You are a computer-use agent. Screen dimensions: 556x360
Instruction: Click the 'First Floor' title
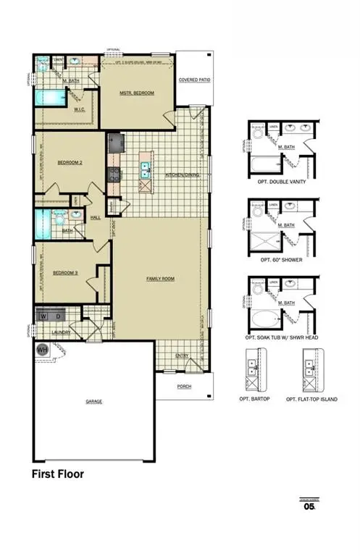(x=57, y=475)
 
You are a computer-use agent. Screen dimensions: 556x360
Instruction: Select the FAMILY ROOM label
(x=160, y=278)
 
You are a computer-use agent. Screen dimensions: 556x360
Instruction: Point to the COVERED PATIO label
(x=195, y=80)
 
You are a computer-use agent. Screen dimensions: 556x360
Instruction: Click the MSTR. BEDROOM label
(x=137, y=93)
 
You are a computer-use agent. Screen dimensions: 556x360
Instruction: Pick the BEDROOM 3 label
(x=66, y=272)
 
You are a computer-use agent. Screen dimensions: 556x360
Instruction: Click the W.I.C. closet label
(x=81, y=109)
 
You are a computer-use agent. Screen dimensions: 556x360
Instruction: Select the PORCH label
(x=185, y=387)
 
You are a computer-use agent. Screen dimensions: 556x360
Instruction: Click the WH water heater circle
(x=41, y=349)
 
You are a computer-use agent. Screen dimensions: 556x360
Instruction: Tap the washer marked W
(x=43, y=316)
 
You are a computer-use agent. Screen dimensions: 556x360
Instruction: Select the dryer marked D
(x=58, y=316)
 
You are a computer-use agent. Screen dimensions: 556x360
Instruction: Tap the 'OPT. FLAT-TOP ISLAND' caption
(x=311, y=399)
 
